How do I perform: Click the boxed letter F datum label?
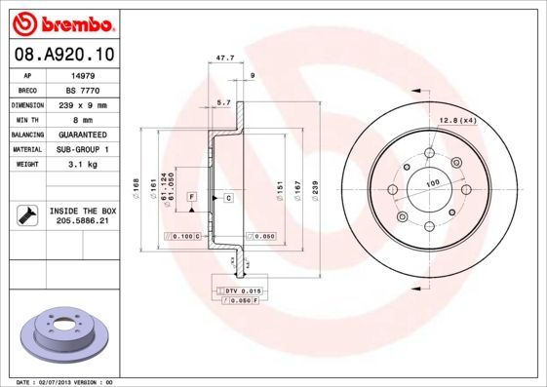[192, 197]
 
